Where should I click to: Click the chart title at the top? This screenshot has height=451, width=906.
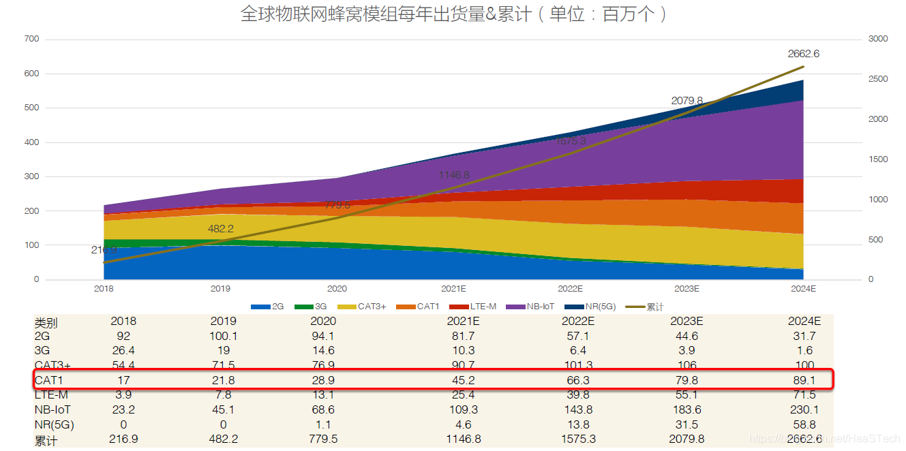click(453, 14)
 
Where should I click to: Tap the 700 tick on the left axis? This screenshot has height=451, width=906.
click(31, 40)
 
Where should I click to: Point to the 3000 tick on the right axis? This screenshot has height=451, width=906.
click(878, 40)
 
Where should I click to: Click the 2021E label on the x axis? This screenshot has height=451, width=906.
click(453, 289)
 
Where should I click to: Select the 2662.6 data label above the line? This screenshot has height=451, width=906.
click(803, 54)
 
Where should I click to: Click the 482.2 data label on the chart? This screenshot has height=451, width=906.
click(221, 229)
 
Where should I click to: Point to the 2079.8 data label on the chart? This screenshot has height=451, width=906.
click(687, 101)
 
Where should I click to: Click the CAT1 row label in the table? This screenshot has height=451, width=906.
click(49, 380)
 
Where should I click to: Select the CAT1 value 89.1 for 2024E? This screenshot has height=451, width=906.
click(804, 380)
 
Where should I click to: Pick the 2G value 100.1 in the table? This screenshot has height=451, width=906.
click(224, 336)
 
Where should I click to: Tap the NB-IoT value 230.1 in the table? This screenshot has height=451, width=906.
click(804, 409)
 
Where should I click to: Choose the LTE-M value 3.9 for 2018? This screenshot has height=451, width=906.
click(123, 394)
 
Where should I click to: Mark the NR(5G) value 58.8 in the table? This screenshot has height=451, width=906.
click(804, 424)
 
